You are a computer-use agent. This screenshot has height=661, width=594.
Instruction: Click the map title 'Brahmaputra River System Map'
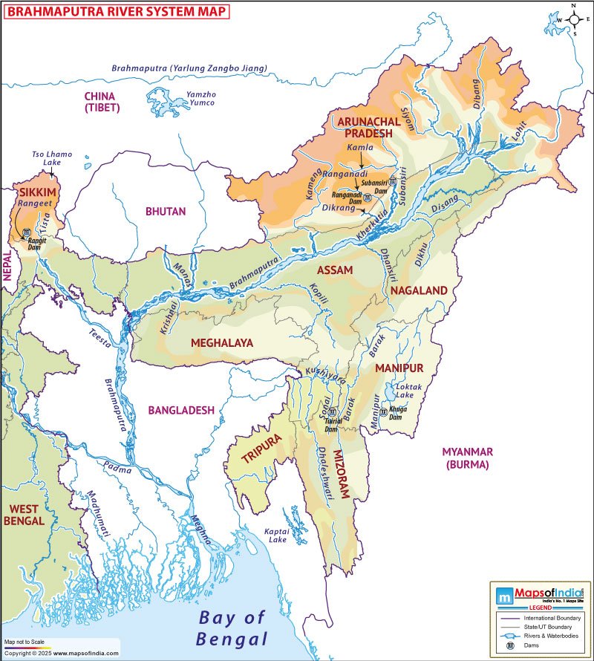tap(114, 10)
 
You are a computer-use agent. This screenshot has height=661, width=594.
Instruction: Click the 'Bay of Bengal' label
tap(232, 628)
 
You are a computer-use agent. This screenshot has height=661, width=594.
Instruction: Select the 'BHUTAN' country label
tap(166, 212)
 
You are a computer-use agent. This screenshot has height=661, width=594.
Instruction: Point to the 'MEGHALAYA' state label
tap(222, 343)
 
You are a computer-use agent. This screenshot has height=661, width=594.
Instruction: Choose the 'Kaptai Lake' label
tap(276, 535)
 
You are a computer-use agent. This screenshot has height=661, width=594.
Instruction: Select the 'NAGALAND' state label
tap(419, 290)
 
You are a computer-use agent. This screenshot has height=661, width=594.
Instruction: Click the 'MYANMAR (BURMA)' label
tap(467, 458)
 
